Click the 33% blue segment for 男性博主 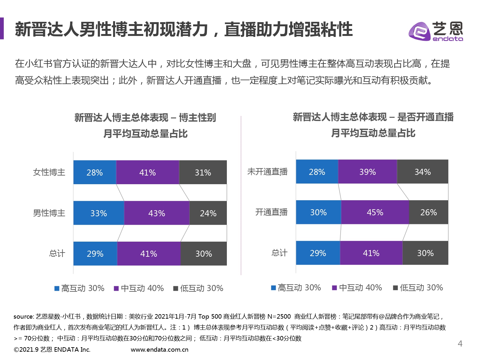click(99, 213)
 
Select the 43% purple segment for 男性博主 click(156, 213)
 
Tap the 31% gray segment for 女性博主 click(203, 172)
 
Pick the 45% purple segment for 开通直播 click(375, 212)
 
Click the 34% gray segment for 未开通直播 click(423, 172)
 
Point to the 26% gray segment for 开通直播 click(429, 212)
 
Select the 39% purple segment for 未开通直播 click(367, 172)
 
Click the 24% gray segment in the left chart click(208, 213)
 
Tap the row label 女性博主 click(49, 172)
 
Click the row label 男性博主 click(49, 213)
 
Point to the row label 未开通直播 click(267, 172)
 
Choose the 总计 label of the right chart click(279, 253)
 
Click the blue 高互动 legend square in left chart click(57, 288)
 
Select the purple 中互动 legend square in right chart click(334, 288)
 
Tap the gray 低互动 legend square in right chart click(396, 288)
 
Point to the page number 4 click(460, 344)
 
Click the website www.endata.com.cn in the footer click(159, 349)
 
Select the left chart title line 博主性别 click(145, 118)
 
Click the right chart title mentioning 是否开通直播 click(373, 117)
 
